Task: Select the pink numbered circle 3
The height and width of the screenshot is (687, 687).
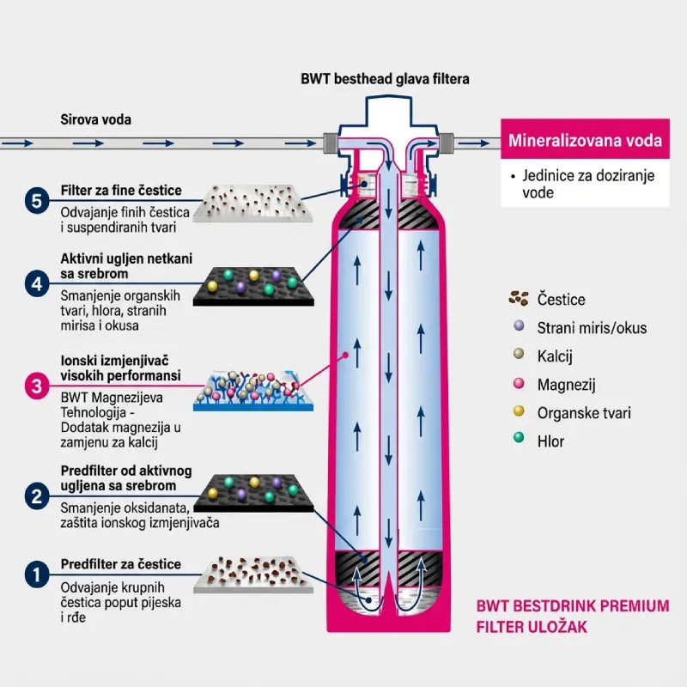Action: point(35,386)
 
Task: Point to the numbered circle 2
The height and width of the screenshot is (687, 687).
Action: point(35,495)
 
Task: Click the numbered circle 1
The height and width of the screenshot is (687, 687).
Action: point(35,574)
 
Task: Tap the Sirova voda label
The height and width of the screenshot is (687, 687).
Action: point(95,119)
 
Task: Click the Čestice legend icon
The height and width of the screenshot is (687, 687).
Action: point(518,299)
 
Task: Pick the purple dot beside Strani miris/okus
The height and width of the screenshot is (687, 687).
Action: point(517,327)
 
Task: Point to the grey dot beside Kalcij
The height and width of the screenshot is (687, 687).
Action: point(517,356)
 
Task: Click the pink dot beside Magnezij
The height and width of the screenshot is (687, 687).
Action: point(517,384)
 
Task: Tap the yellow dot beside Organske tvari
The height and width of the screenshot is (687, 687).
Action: point(517,412)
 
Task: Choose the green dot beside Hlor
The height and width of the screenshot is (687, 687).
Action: point(517,441)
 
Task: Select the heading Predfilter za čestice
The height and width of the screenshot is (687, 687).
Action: point(121,564)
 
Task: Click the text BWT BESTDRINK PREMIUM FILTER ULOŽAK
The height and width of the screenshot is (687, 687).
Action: point(572,617)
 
